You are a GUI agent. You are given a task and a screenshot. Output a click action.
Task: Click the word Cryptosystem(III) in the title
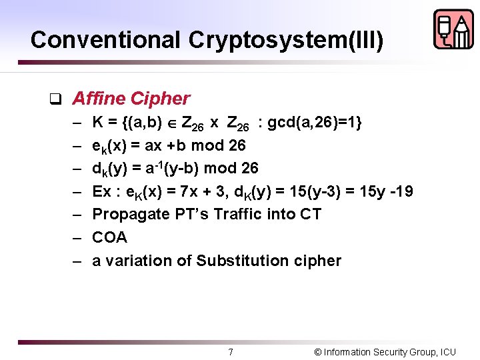(x=286, y=40)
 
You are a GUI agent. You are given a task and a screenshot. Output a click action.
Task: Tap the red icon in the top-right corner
(x=453, y=29)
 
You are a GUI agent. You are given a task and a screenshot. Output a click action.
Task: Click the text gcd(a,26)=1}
(x=314, y=123)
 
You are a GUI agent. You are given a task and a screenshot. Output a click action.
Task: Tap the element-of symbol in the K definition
(x=171, y=124)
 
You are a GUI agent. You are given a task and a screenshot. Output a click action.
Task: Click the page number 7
(x=231, y=352)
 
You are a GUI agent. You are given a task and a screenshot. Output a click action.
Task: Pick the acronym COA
(x=109, y=237)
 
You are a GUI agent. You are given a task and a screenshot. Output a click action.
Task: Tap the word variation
(x=139, y=261)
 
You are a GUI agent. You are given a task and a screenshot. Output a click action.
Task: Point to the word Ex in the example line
(x=102, y=192)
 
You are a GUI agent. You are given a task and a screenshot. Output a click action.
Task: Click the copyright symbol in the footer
(x=318, y=352)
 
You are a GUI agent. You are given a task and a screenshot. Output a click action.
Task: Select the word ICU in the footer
(x=447, y=352)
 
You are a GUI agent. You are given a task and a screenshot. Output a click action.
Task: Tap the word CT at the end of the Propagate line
(x=310, y=214)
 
